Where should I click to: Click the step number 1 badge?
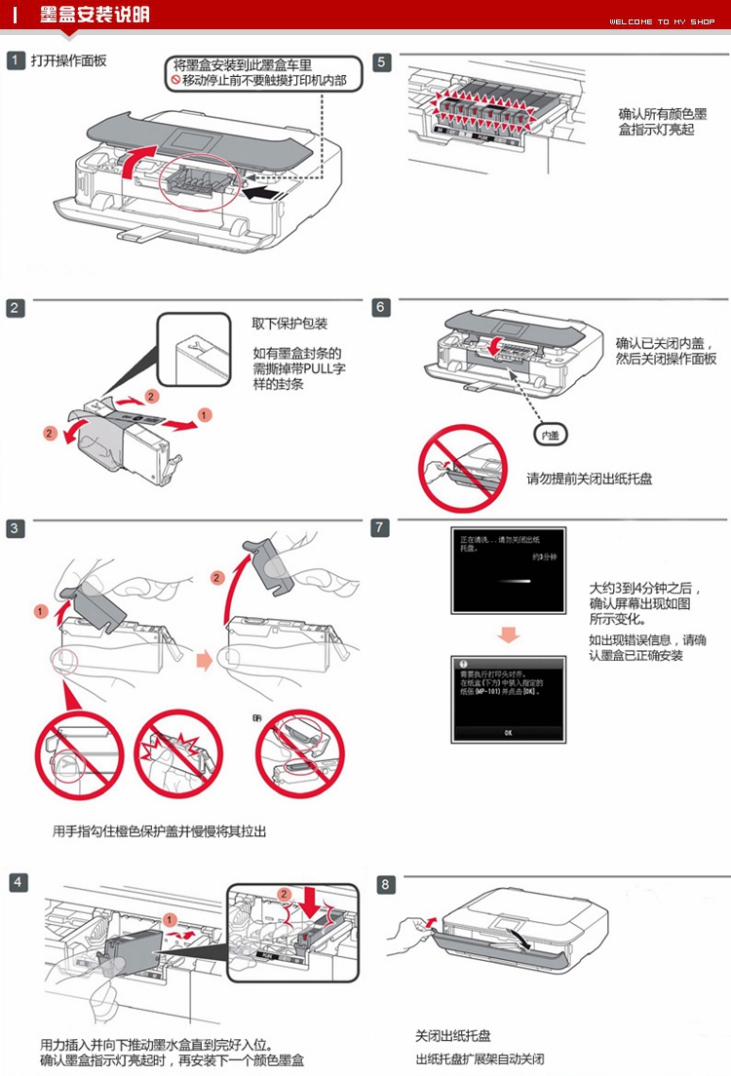(x=16, y=61)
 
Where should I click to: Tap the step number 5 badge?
(x=382, y=62)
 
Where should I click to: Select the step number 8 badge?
(x=387, y=885)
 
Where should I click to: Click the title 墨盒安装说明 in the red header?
(x=96, y=15)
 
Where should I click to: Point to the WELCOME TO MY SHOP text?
(x=662, y=21)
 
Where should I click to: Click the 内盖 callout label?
(x=551, y=434)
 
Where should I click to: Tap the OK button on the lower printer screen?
(x=508, y=731)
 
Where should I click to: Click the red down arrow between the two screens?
(x=508, y=635)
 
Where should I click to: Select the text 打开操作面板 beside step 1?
(x=68, y=61)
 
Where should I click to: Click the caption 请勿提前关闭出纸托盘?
(x=589, y=479)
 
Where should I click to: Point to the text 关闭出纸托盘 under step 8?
(x=453, y=1035)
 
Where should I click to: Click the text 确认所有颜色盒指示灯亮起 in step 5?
(x=657, y=121)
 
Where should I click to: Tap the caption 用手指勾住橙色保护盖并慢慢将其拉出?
(x=159, y=831)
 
